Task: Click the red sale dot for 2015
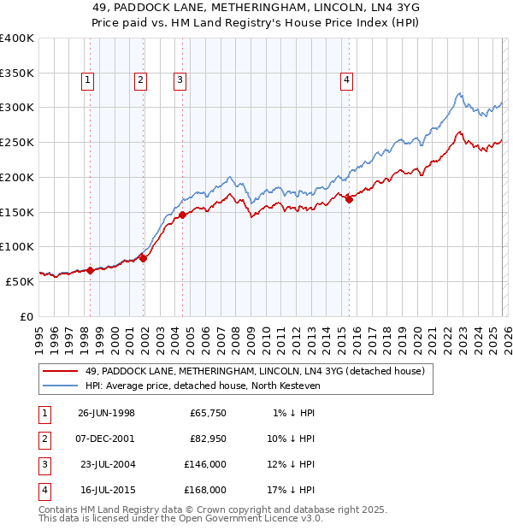click(x=349, y=199)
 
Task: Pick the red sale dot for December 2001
click(x=144, y=258)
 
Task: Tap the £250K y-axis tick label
click(x=16, y=142)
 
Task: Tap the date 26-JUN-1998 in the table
click(x=106, y=413)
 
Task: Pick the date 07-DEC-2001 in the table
click(x=106, y=439)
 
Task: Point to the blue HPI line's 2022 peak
click(x=459, y=93)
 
